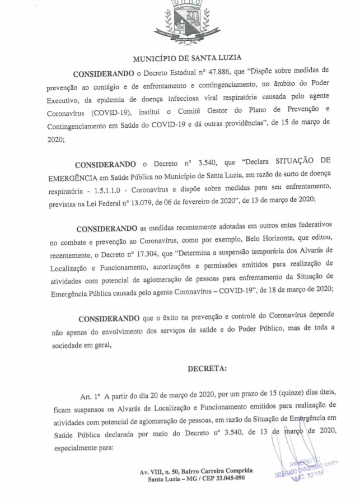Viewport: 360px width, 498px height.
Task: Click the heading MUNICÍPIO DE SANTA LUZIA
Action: pos(179,59)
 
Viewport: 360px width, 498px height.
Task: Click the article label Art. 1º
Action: pos(90,396)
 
